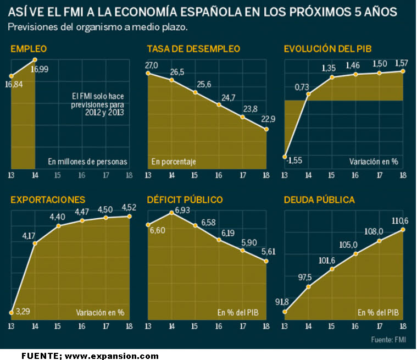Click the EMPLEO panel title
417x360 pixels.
tap(29, 49)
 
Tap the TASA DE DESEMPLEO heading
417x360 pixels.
tap(193, 49)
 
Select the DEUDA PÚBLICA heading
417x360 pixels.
tap(319, 200)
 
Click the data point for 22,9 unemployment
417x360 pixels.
tap(266, 129)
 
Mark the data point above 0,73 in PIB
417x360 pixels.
tap(308, 95)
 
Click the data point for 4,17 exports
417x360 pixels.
tap(35, 243)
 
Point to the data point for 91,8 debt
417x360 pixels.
tap(285, 312)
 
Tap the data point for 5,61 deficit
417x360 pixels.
tap(266, 261)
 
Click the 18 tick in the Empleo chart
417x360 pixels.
tap(130, 175)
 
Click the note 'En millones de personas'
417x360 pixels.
tap(87, 162)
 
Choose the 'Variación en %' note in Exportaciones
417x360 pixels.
tap(100, 313)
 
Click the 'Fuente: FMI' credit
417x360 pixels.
tap(389, 339)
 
